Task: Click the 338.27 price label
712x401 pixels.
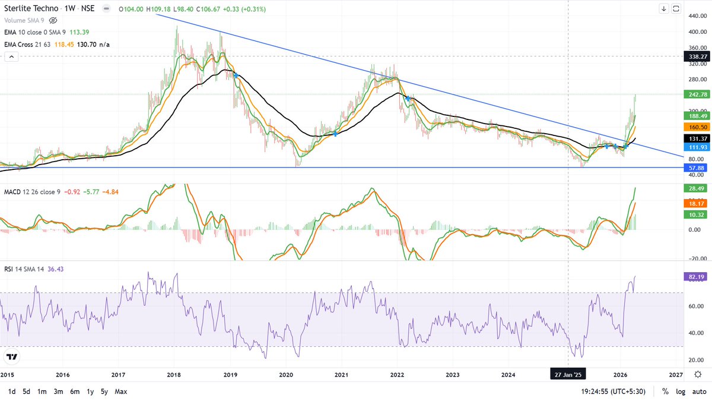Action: point(696,56)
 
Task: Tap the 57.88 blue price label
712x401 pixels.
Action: point(696,169)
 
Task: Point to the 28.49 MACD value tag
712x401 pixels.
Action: point(696,188)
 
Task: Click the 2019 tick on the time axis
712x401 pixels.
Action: point(230,375)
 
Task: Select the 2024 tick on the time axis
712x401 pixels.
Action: point(508,375)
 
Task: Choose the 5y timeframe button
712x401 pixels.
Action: point(104,391)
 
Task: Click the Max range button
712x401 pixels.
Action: point(121,391)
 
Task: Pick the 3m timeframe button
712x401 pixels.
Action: point(58,391)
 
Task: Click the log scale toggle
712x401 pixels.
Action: point(680,391)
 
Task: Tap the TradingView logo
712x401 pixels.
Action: point(11,357)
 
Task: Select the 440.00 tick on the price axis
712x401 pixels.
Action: point(696,15)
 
